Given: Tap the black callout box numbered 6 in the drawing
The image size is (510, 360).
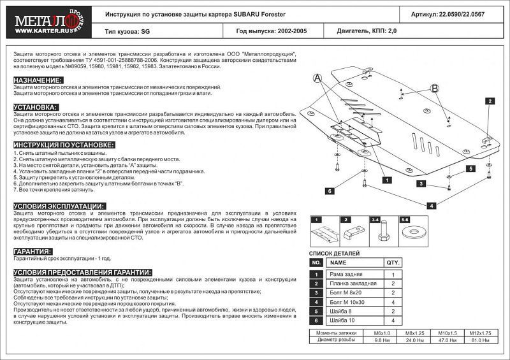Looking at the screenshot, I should coord(330,191).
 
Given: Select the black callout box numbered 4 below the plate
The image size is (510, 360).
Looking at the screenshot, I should coord(432,205).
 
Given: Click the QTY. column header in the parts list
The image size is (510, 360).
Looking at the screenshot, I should coord(392,262).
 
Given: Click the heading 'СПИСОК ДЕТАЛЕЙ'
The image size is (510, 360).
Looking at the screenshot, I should coord(333,253).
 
